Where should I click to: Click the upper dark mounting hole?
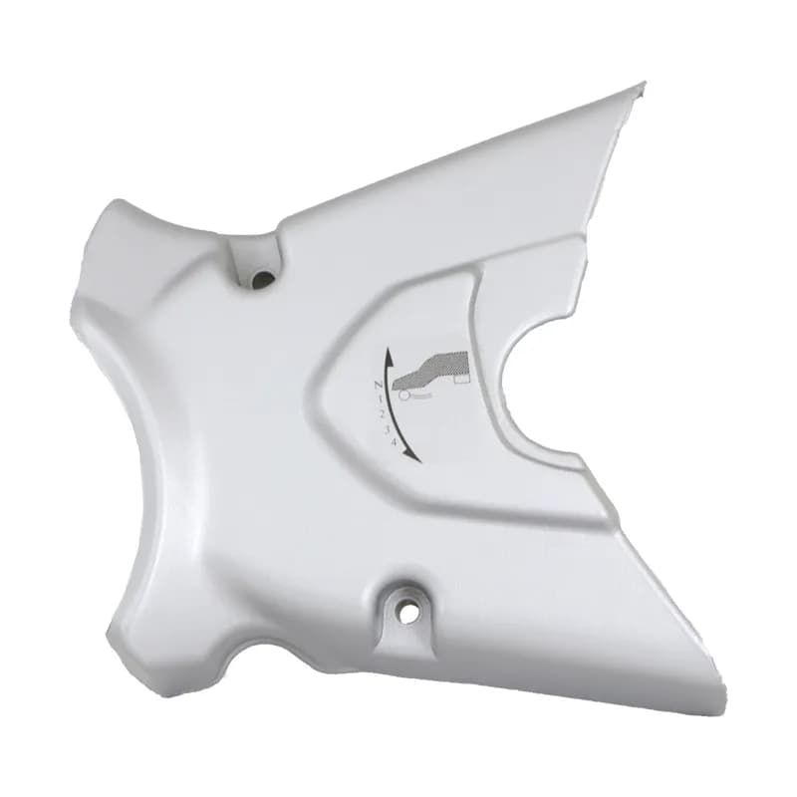(263, 278)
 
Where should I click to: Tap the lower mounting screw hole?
(406, 614)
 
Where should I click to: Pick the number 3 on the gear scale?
(388, 429)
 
